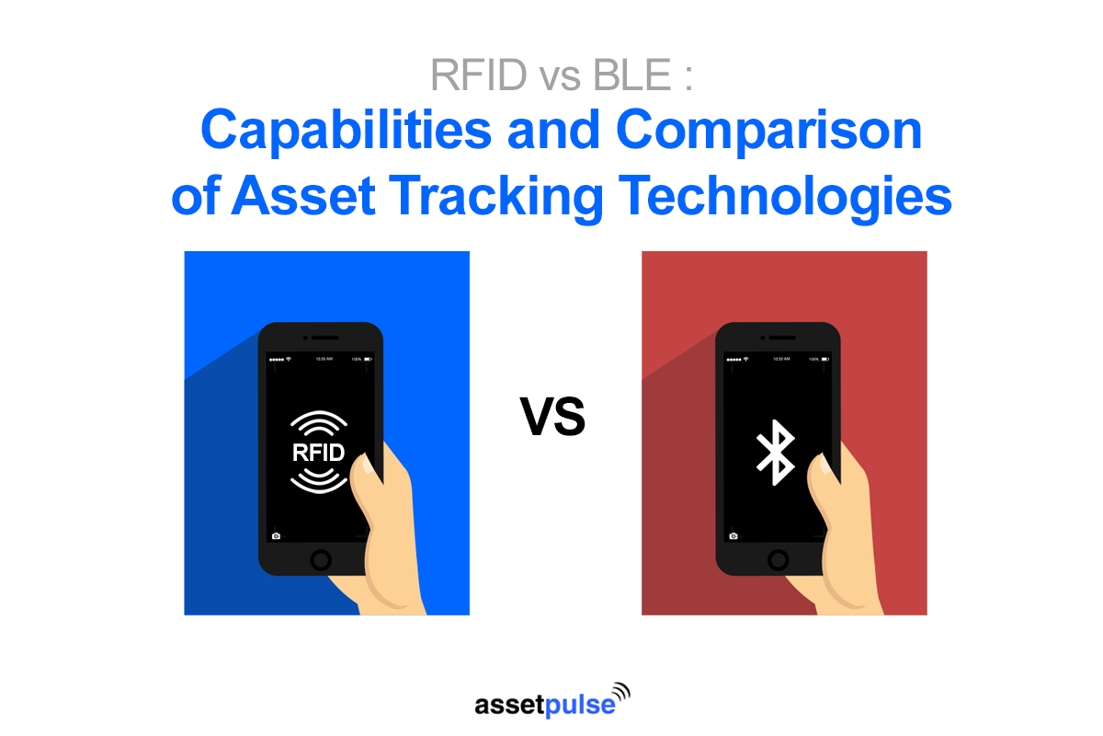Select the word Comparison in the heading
768,132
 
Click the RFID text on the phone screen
318,452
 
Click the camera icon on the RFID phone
276,535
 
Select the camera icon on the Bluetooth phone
733,535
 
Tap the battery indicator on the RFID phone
368,358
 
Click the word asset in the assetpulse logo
505,706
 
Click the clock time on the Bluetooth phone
780,358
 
